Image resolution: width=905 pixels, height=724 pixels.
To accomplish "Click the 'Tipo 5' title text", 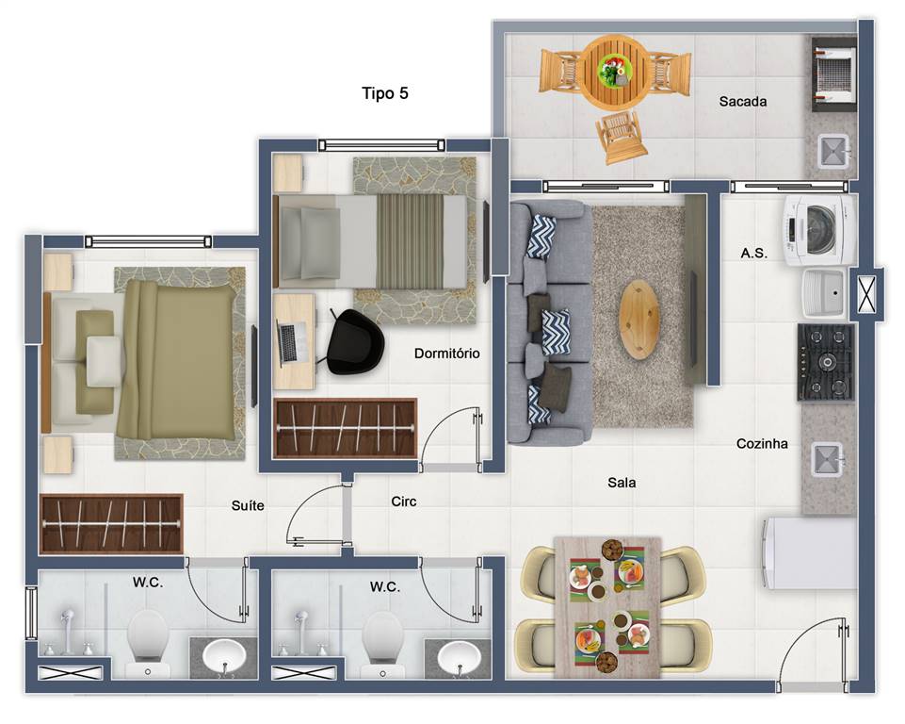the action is click(385, 93).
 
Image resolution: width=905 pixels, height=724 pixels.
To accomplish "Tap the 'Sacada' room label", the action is click(743, 102).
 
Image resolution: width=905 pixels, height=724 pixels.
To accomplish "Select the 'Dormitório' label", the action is click(446, 353).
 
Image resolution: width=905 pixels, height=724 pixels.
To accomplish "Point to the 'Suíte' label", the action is click(248, 505).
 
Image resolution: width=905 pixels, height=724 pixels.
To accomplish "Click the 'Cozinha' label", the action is click(762, 444).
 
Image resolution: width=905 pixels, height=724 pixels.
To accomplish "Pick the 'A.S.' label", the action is click(753, 253).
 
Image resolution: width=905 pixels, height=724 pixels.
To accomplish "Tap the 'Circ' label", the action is click(403, 502).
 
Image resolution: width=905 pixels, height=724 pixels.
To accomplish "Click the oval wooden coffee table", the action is click(639, 319).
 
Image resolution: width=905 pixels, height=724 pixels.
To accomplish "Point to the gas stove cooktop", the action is click(826, 362).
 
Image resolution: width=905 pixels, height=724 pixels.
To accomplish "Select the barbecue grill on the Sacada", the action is click(834, 74).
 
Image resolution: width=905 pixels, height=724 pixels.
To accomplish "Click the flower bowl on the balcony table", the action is click(614, 71).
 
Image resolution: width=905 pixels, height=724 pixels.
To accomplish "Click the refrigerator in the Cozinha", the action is click(808, 553).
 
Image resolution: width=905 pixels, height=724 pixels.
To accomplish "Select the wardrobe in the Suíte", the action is click(111, 524).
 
